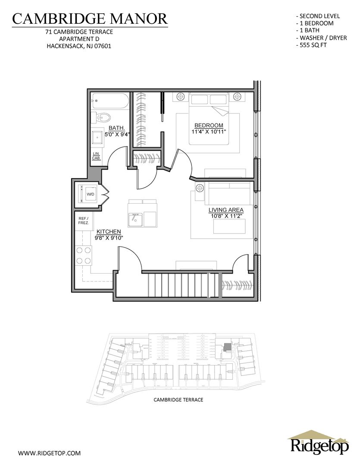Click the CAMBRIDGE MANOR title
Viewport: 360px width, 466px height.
[90, 18]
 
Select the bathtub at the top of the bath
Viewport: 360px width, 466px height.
[110, 102]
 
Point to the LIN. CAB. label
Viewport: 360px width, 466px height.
[96, 156]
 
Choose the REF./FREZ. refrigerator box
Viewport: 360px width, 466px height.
[83, 221]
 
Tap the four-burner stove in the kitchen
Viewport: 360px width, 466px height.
[84, 255]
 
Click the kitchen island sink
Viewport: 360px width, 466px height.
[135, 219]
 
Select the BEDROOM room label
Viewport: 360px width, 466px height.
[209, 126]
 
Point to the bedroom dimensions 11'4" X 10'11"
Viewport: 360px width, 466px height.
[209, 132]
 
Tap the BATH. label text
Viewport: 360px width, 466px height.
[117, 128]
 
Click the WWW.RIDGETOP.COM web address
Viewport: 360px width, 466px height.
[50, 453]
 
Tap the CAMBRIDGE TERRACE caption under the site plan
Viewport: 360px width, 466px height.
[178, 400]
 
